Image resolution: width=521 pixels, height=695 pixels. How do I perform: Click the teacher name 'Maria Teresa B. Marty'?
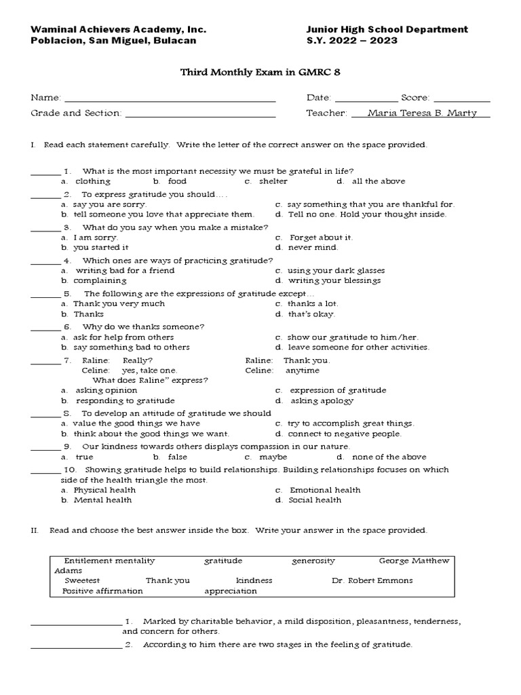[421, 113]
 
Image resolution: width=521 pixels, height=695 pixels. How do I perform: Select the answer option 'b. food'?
[170, 181]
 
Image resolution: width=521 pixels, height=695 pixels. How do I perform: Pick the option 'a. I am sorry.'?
[90, 238]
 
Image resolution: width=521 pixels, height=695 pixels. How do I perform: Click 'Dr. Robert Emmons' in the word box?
[372, 581]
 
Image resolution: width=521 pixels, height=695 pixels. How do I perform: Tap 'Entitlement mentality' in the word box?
[109, 561]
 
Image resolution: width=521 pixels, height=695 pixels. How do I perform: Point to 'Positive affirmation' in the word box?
[102, 591]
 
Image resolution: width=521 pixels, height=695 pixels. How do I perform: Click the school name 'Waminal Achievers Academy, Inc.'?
[119, 29]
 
